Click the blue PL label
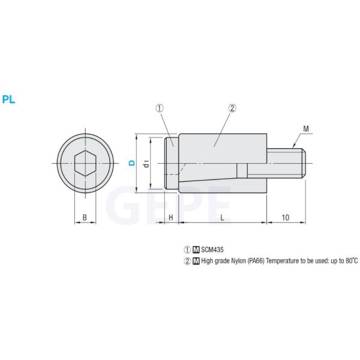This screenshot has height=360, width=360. coord(8,100)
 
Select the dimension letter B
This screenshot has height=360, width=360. coord(85,217)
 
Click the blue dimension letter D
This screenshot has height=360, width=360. coord(131,163)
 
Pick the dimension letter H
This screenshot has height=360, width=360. coord(170,217)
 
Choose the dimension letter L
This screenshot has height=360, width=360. coord(222,217)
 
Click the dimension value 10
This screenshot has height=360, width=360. coord(285,217)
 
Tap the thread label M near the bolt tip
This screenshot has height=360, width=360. coord(305,129)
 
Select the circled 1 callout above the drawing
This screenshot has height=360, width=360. coord(160,109)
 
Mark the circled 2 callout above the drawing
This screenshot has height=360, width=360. coord(232,109)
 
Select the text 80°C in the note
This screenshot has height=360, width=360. coord(349,261)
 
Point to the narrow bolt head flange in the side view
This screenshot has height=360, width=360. coord(171,163)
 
